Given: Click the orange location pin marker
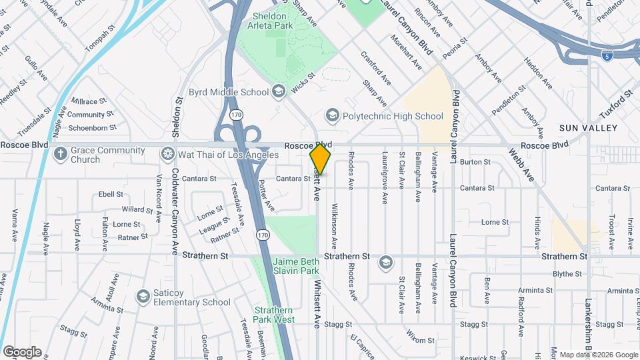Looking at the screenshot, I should [x=321, y=159].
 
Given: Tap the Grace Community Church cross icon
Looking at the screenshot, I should [x=61, y=154].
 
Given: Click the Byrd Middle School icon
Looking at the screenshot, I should [x=278, y=91].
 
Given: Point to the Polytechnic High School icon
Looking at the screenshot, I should [x=331, y=116].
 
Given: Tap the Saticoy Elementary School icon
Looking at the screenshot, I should [x=142, y=296].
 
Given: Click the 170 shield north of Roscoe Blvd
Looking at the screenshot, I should [x=236, y=115].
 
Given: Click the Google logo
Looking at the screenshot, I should [x=22, y=352].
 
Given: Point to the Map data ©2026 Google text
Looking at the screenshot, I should [x=598, y=355].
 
